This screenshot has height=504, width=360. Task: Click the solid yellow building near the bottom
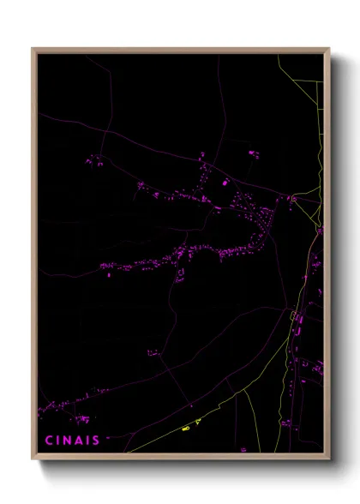tap(186, 427)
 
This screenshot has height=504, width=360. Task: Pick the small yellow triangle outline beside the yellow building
tap(197, 422)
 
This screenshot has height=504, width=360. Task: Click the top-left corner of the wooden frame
tap(33, 49)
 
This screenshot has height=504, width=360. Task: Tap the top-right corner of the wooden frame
tap(329, 49)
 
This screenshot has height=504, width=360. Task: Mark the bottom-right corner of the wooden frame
tap(329, 459)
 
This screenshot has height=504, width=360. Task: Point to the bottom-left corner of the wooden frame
tap(33, 459)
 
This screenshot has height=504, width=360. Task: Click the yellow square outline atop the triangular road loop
tap(292, 199)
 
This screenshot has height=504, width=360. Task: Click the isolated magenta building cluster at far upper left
tap(94, 159)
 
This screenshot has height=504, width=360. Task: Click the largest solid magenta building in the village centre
tap(225, 183)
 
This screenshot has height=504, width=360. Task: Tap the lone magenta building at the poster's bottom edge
tap(243, 449)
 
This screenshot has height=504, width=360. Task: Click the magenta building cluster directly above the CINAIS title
tap(81, 419)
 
